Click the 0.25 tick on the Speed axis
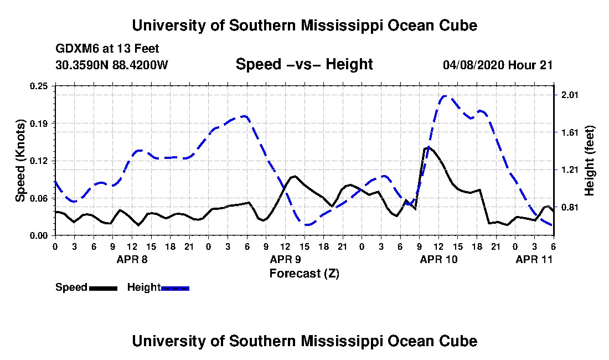(x=39, y=86)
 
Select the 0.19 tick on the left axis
(x=39, y=124)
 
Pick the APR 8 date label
(x=132, y=259)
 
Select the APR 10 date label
(x=439, y=259)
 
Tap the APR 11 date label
(x=534, y=259)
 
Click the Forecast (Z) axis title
(x=304, y=274)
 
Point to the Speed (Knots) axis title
(x=20, y=161)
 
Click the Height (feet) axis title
(x=589, y=161)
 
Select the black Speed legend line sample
(x=103, y=288)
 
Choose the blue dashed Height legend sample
(x=175, y=288)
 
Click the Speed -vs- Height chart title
(x=304, y=64)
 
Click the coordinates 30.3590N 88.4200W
(x=112, y=65)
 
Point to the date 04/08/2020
(x=473, y=65)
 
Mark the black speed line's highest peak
(x=429, y=147)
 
